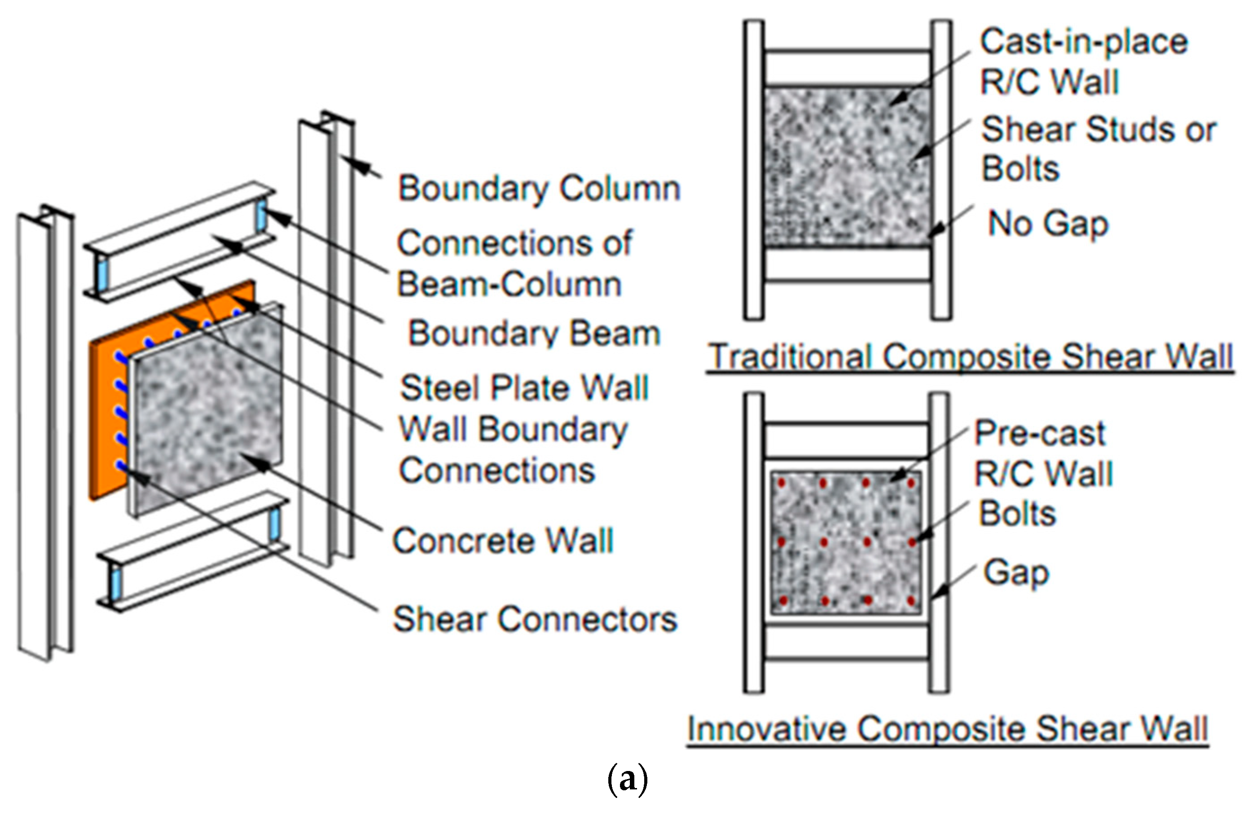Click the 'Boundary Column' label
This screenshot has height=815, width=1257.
click(539, 189)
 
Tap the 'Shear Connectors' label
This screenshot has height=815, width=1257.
click(535, 619)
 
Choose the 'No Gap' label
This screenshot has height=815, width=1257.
click(1048, 224)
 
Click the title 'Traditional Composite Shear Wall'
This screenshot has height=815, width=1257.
click(970, 357)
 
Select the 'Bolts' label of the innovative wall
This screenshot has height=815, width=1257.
click(1017, 513)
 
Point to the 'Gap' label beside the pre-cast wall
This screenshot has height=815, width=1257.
click(1015, 573)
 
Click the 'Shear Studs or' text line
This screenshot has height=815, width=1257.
click(1099, 129)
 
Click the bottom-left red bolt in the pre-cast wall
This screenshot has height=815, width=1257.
click(783, 600)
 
